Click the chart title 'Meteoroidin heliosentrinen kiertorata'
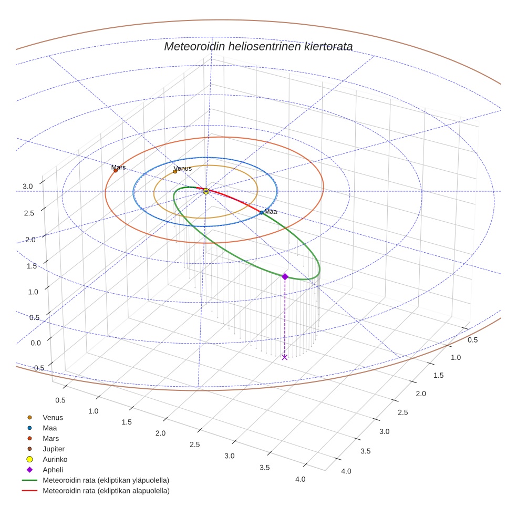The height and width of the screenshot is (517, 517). [x=258, y=46]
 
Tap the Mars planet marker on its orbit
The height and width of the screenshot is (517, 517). [x=116, y=170]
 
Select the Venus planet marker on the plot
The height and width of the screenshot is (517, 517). [x=175, y=171]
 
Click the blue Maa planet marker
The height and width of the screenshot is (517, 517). [x=262, y=212]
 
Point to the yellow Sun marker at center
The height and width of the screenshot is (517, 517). [x=206, y=191]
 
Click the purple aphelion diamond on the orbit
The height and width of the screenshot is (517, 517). [x=285, y=276]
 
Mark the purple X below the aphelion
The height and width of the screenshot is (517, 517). [x=285, y=357]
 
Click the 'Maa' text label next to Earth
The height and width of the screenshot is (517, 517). [x=271, y=211]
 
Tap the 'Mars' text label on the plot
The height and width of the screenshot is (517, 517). [x=118, y=168]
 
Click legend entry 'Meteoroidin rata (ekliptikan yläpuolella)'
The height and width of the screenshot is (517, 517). [x=106, y=480]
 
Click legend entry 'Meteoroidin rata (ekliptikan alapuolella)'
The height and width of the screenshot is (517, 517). [x=106, y=491]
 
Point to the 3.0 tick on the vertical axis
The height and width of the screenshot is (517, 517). [x=28, y=186]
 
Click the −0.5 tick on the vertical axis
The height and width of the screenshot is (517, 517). [x=24, y=368]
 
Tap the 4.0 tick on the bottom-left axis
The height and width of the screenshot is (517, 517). [x=301, y=479]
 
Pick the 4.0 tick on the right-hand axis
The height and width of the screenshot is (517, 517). [x=346, y=471]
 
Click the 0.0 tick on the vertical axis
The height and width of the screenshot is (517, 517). [x=28, y=343]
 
